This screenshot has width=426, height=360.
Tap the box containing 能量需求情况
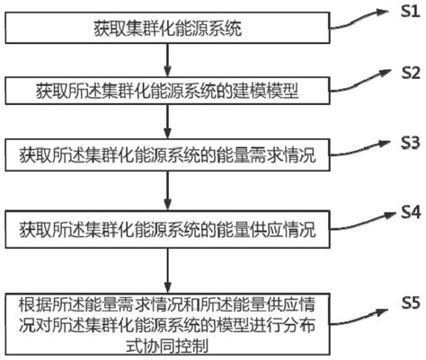(167, 155)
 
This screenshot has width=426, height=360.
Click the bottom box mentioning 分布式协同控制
(167, 324)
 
